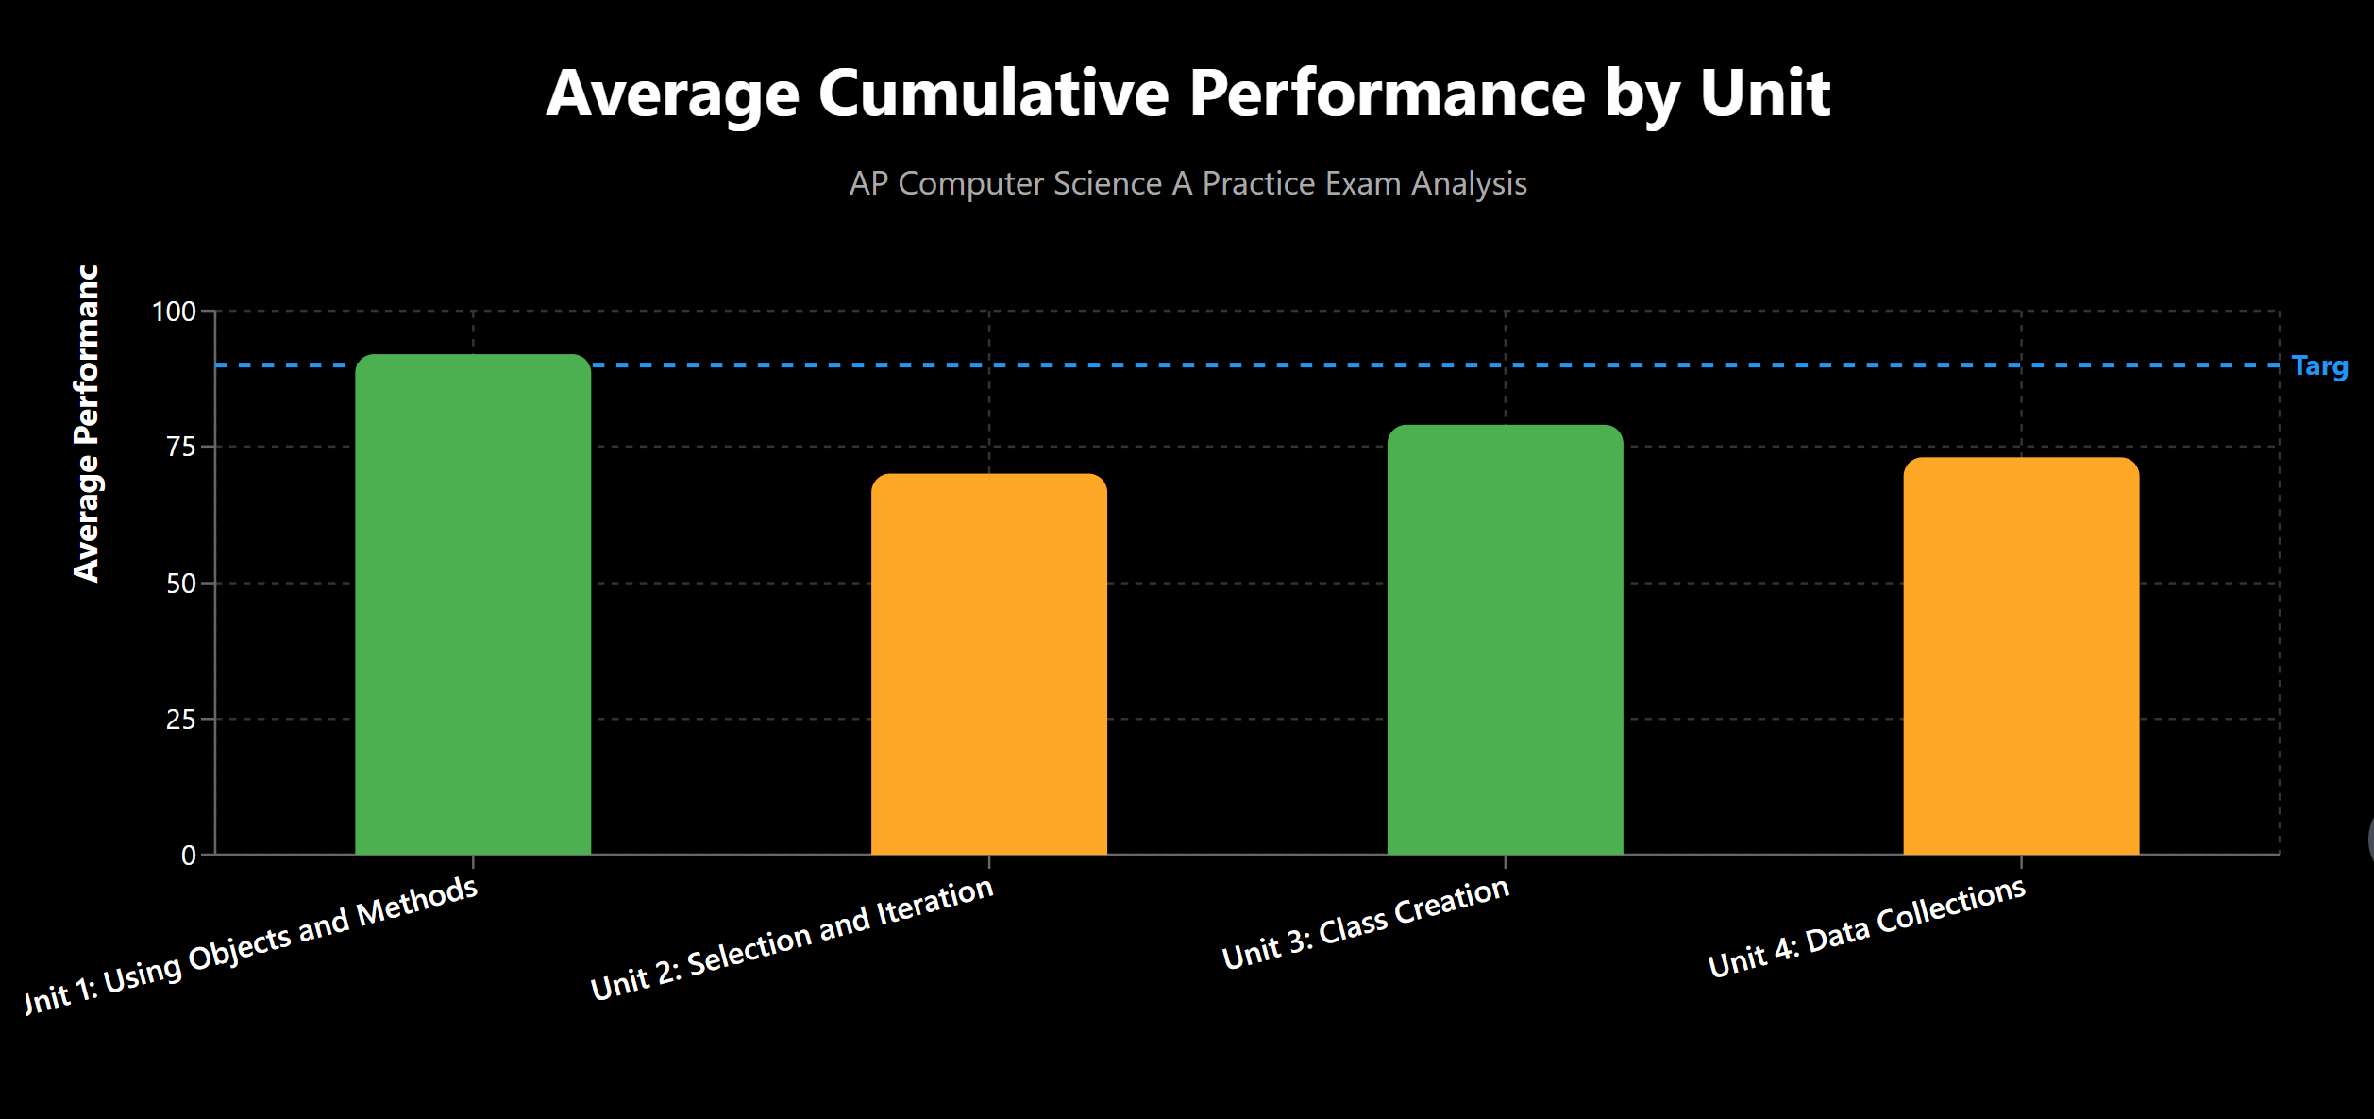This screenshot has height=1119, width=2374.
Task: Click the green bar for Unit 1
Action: (x=473, y=604)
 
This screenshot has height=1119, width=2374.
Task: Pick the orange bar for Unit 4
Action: (x=2021, y=656)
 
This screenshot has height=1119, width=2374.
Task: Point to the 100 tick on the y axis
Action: (x=175, y=312)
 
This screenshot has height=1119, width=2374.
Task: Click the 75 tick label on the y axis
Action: (x=181, y=447)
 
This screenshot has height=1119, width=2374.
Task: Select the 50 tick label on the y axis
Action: (x=181, y=584)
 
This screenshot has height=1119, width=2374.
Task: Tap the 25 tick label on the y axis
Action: (x=181, y=720)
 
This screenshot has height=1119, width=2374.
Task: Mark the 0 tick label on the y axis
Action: (x=189, y=856)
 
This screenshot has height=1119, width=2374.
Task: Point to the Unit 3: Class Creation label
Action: (x=1366, y=923)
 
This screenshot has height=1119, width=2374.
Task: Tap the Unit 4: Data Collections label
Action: (x=1867, y=926)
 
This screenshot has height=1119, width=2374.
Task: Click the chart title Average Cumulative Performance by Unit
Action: (x=1187, y=93)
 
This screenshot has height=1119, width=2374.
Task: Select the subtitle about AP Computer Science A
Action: (x=1187, y=183)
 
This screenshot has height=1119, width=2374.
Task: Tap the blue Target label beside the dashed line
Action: (x=2319, y=366)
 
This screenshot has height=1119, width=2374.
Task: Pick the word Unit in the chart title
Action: (x=1764, y=93)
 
